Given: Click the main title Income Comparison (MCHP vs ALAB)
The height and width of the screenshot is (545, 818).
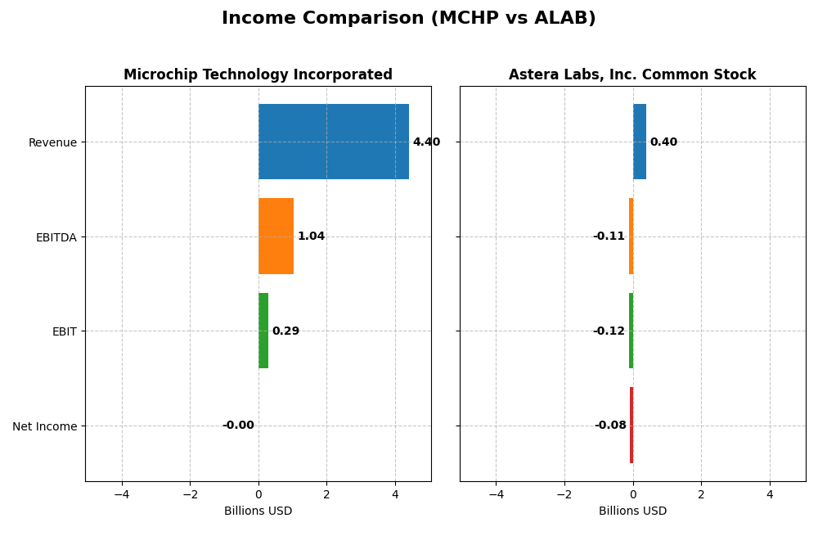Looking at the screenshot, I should tap(408, 18).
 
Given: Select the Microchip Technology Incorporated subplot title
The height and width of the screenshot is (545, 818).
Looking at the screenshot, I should tap(258, 74).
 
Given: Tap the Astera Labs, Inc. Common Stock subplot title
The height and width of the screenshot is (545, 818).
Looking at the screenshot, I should tap(632, 74).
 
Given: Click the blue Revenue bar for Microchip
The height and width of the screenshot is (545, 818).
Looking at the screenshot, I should tap(333, 142).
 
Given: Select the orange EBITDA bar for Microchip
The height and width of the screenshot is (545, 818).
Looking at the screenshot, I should tap(276, 236).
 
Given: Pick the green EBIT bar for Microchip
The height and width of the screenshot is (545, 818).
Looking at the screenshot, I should tap(263, 331).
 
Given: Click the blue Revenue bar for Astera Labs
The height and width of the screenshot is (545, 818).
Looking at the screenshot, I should tap(639, 142).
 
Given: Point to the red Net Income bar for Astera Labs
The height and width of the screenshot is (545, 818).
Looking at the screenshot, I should tap(631, 425).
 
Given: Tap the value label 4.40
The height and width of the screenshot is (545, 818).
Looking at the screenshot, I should tap(426, 142).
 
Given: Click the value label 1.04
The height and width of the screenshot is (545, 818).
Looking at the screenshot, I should tap(311, 236).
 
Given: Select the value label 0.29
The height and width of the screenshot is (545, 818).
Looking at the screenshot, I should tap(285, 331).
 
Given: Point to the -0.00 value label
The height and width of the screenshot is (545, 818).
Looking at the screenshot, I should tap(238, 426).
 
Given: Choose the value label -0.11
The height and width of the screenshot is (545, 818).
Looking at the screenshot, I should tap(609, 236).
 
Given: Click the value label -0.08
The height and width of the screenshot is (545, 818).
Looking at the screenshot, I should tap(610, 426).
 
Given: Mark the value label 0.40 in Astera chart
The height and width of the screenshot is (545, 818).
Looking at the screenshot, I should tap(663, 142).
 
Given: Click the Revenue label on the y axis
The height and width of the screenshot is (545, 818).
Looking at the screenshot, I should tap(52, 142).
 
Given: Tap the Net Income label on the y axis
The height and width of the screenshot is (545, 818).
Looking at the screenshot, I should tap(45, 426).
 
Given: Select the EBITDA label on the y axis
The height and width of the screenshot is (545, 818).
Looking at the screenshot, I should tap(56, 237).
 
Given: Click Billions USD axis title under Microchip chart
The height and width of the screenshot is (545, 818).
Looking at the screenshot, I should tap(258, 511).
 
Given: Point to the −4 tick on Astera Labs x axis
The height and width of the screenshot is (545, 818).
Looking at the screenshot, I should tap(496, 494).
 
